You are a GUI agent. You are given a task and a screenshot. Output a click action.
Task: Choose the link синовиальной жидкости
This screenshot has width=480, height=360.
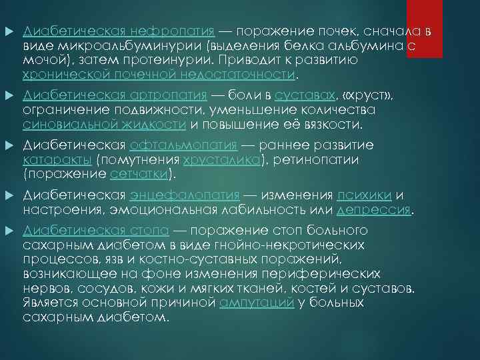[105, 124]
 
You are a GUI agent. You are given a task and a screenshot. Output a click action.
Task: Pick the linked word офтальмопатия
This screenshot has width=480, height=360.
[184, 145]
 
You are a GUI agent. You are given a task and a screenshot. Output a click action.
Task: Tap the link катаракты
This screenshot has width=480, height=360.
[57, 160]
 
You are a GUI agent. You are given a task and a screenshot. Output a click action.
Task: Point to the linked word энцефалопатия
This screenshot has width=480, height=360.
[184, 196]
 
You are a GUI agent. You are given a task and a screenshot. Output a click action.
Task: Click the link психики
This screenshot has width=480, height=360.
[365, 196]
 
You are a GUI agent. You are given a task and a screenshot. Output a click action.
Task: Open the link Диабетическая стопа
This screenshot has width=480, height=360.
[95, 231]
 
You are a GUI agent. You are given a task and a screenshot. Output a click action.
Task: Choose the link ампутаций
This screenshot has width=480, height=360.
[257, 303]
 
